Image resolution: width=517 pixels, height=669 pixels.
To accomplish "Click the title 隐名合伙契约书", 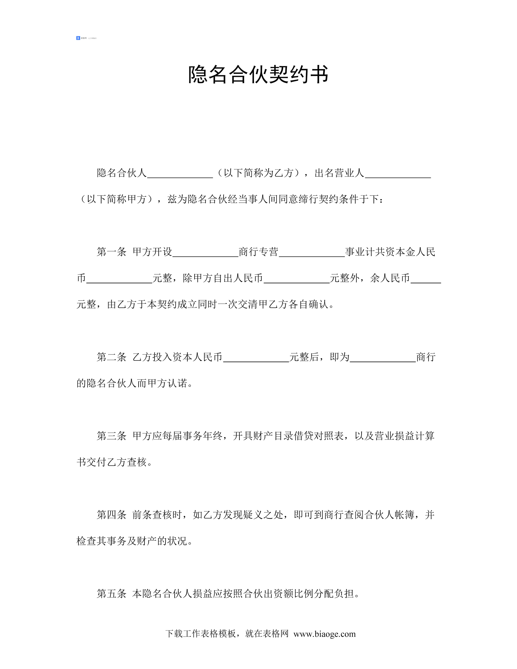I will [258, 75].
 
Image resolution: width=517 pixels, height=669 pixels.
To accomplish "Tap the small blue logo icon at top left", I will [78, 38].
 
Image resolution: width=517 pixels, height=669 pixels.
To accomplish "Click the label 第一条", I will [111, 252].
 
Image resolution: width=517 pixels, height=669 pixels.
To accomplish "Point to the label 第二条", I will [111, 357].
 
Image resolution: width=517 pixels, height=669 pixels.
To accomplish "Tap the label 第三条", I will [111, 436].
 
